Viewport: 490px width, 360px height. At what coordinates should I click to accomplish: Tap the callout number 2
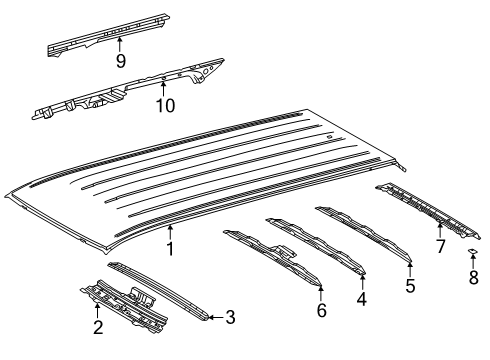97,326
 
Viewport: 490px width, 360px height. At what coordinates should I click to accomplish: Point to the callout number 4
362,298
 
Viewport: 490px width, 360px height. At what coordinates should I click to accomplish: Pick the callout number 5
409,285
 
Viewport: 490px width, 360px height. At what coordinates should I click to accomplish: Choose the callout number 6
320,310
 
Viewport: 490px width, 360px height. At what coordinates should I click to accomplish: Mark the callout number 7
440,246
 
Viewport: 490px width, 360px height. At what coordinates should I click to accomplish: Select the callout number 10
164,105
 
